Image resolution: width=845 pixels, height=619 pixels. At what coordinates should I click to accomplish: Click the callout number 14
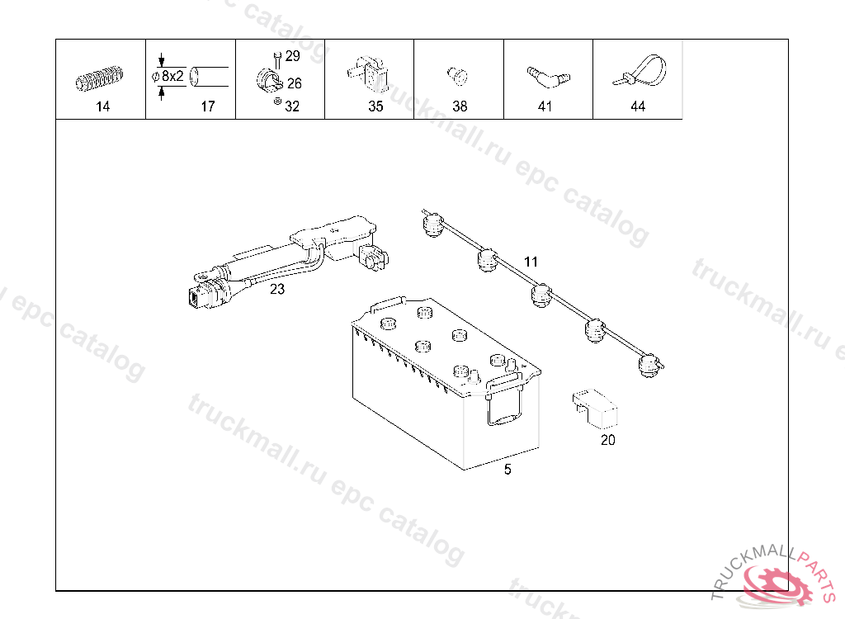(x=102, y=106)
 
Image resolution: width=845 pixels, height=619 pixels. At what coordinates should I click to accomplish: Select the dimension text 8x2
(x=172, y=76)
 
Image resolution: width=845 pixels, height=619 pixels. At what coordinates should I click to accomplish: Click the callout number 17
(x=207, y=106)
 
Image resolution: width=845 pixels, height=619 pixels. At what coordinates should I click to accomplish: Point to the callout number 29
(x=292, y=56)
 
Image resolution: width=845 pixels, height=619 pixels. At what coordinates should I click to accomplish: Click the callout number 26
(x=294, y=83)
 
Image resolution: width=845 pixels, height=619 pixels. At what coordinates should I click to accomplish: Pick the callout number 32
(x=292, y=106)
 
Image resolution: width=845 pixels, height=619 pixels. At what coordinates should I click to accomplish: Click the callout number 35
(x=375, y=106)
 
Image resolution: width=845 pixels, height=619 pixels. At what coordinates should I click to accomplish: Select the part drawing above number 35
(x=368, y=73)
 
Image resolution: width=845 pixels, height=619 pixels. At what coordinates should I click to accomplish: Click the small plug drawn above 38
(x=456, y=76)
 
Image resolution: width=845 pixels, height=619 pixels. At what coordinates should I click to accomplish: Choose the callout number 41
(x=545, y=106)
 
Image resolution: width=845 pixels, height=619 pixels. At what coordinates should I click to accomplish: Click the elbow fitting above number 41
(x=547, y=77)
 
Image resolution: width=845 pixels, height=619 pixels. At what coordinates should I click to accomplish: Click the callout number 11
(x=531, y=262)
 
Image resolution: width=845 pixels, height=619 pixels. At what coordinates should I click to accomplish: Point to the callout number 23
(x=277, y=289)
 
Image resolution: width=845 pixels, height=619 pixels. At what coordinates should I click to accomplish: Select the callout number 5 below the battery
(x=507, y=470)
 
